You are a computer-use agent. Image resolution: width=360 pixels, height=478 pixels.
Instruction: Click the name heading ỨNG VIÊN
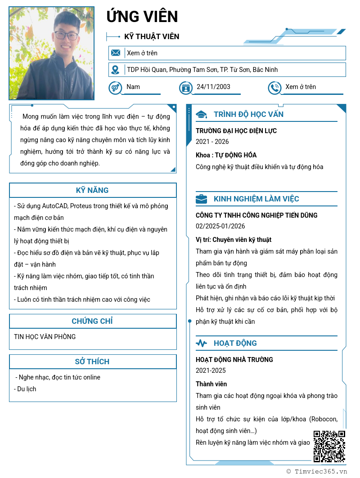click(142, 17)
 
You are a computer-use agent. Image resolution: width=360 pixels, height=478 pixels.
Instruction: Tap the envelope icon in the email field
click(116, 53)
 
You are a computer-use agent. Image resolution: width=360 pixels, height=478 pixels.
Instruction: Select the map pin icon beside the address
click(116, 70)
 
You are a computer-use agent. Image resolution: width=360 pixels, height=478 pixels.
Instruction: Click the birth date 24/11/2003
click(213, 87)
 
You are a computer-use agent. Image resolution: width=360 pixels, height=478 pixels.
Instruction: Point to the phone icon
click(274, 87)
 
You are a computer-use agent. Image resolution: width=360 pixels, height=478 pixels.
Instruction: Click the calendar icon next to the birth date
click(185, 87)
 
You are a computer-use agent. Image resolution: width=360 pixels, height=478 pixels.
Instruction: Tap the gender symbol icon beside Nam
click(115, 87)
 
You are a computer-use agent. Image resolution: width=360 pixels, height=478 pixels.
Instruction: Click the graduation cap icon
click(201, 114)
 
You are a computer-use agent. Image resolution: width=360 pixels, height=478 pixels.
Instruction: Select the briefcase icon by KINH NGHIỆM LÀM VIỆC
click(201, 199)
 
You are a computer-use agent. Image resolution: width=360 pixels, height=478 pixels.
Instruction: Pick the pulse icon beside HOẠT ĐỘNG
click(201, 343)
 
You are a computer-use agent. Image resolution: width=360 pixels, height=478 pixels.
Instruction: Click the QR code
click(329, 447)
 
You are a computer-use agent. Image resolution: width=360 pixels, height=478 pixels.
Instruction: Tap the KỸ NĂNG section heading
click(92, 190)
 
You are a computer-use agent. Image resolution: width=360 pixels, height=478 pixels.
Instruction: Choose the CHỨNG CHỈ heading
click(92, 321)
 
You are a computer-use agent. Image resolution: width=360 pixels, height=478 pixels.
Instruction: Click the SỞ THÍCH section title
click(92, 362)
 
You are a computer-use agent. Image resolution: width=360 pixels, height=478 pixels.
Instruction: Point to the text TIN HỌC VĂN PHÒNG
click(45, 337)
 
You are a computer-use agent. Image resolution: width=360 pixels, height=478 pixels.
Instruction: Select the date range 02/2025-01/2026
click(220, 226)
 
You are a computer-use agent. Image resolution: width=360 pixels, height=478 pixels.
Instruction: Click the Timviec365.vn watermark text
click(320, 471)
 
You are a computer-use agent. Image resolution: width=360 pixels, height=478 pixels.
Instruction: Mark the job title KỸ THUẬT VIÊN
click(152, 36)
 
